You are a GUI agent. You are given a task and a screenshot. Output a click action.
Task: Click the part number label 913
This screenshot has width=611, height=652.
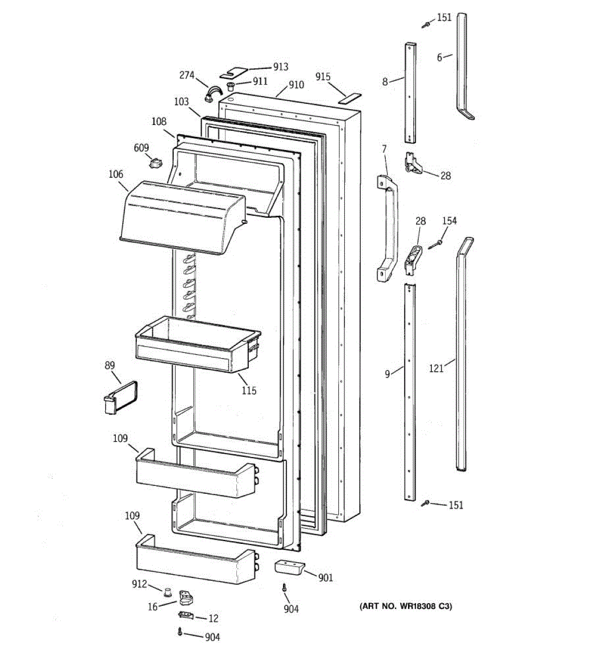(281, 67)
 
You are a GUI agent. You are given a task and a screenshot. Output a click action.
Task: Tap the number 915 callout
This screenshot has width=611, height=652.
(323, 77)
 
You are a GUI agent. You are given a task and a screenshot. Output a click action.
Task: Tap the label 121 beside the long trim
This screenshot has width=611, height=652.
(436, 368)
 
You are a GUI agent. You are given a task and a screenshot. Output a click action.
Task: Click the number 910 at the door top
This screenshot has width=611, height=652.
(296, 85)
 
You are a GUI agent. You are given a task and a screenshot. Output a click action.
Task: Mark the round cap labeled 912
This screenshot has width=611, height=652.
(168, 591)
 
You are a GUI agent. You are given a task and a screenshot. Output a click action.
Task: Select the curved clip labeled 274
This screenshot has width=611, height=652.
(210, 93)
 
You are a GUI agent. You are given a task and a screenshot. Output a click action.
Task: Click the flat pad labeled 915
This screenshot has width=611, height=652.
(350, 98)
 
